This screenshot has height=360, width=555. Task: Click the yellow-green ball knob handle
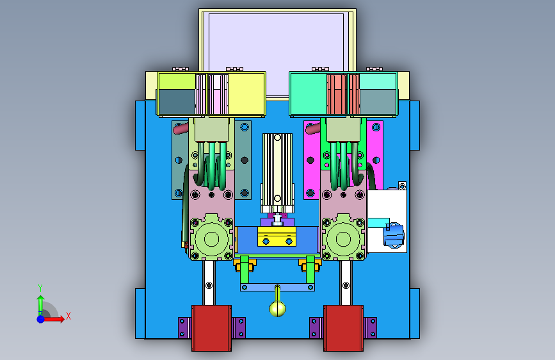(x=278, y=309)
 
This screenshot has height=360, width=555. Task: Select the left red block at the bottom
(x=212, y=328)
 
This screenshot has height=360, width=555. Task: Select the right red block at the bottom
(x=343, y=328)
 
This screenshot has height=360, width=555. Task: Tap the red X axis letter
(x=68, y=316)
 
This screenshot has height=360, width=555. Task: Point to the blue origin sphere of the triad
(x=41, y=319)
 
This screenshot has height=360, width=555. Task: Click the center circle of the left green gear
(x=212, y=239)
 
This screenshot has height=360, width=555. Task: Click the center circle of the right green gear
(x=343, y=239)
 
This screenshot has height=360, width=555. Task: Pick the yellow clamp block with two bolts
(x=277, y=237)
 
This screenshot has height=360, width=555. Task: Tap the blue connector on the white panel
(x=394, y=234)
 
